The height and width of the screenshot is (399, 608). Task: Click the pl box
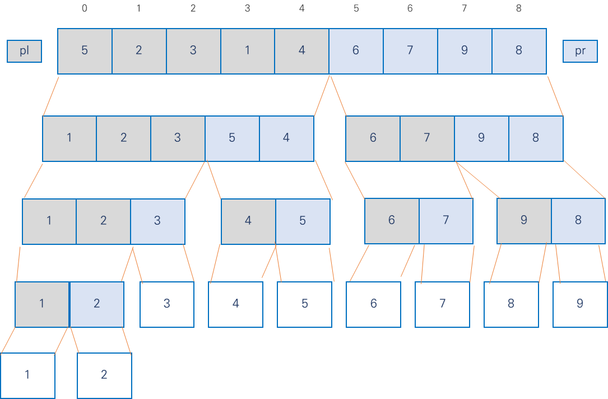[x=24, y=51]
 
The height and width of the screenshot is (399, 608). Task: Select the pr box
[x=580, y=51]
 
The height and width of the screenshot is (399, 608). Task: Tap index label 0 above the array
[x=85, y=8]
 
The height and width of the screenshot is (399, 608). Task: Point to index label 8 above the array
[x=519, y=8]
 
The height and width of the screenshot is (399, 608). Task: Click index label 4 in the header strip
[x=301, y=8]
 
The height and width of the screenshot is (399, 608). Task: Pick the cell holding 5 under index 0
[x=85, y=51]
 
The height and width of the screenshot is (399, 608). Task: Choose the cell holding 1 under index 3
[x=247, y=51]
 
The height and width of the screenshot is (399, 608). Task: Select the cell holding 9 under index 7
[x=465, y=51]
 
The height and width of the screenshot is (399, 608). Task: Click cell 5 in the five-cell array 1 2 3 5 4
[x=232, y=138]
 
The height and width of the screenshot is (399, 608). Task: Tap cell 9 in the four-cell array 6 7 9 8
[x=481, y=138]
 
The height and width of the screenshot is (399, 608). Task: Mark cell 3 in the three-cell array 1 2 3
[x=157, y=221]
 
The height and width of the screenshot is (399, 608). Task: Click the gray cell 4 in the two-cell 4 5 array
[x=248, y=221]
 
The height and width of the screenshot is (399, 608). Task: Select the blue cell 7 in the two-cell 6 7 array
[x=446, y=221]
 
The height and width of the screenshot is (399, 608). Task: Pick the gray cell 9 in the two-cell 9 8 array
[x=524, y=221]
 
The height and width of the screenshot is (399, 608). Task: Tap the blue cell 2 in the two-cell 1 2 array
[x=96, y=304]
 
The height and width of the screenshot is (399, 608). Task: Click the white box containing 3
[x=167, y=304]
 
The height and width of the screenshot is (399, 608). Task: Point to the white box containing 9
[x=580, y=304]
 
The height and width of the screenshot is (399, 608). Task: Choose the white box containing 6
[x=373, y=304]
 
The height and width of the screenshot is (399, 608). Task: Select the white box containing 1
[x=27, y=375]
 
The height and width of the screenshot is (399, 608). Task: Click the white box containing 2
[x=104, y=375]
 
